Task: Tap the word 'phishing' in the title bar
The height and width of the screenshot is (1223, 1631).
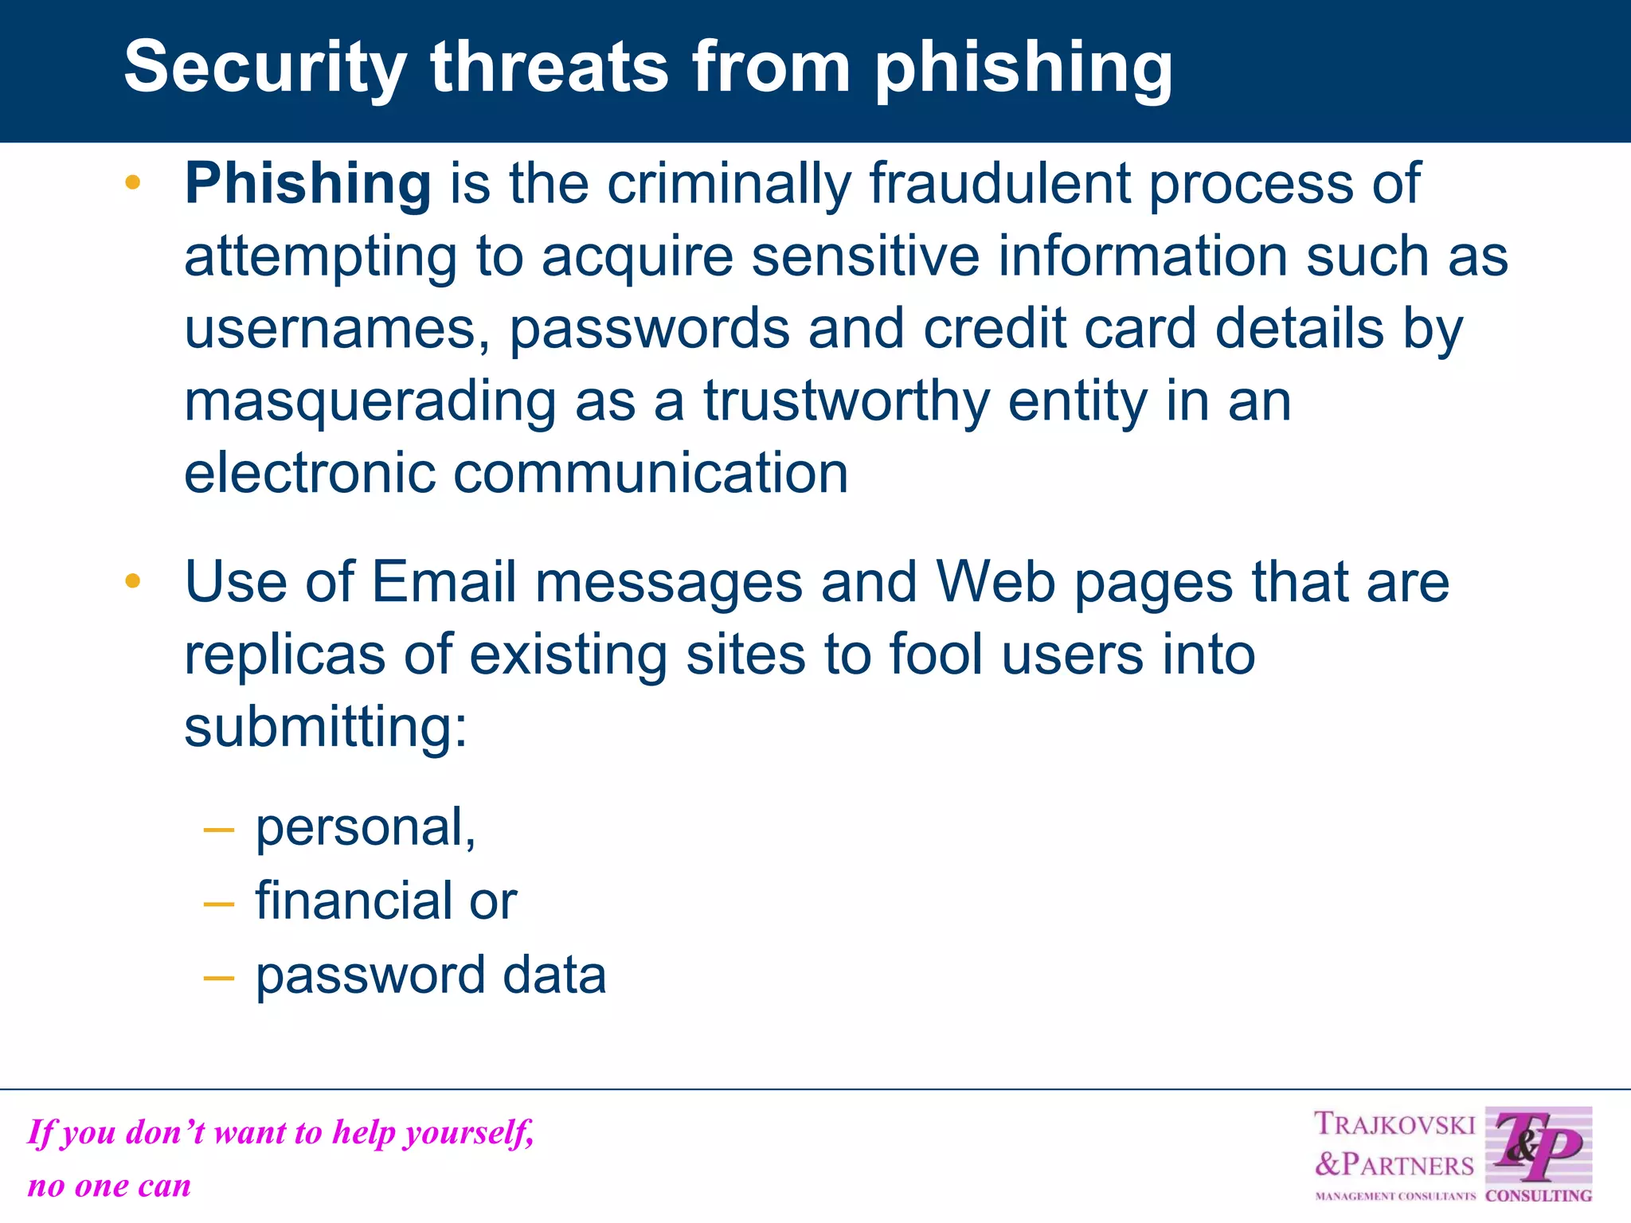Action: (x=1023, y=68)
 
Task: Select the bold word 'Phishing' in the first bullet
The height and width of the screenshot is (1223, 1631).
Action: (x=308, y=184)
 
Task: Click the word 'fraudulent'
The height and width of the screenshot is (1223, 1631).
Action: (x=999, y=184)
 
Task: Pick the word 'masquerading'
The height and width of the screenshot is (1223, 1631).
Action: (x=370, y=401)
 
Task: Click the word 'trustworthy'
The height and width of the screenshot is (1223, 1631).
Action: (x=846, y=401)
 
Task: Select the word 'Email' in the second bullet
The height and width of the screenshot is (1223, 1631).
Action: (x=444, y=582)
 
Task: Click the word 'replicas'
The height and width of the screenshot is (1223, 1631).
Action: (x=284, y=654)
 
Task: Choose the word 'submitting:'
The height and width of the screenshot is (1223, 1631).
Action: (x=326, y=727)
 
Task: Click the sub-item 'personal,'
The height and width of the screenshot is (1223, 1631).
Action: (x=366, y=828)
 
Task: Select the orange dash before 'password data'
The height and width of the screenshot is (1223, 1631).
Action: (x=219, y=977)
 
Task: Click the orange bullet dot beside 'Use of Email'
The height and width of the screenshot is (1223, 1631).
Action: (x=133, y=581)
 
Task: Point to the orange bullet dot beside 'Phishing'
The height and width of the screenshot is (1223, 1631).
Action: (x=133, y=183)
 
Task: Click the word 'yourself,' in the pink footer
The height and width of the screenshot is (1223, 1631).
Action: (x=469, y=1132)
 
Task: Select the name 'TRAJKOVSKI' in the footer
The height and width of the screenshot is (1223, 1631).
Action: (x=1394, y=1124)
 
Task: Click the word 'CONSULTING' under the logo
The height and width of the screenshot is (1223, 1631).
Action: (x=1539, y=1195)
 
